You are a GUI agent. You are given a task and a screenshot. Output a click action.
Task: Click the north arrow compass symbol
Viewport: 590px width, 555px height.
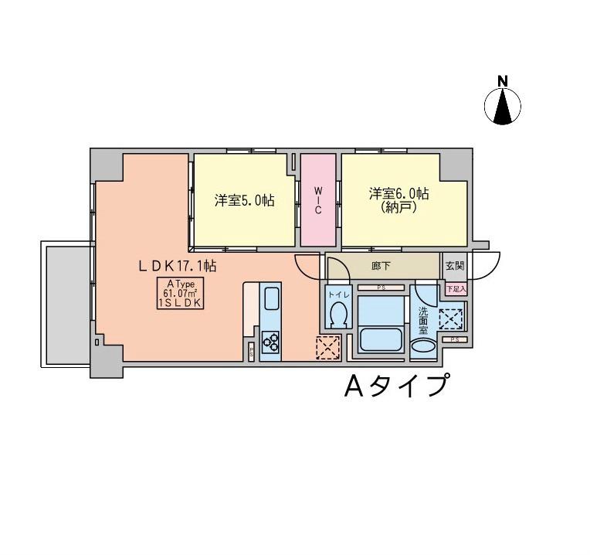[x=503, y=106]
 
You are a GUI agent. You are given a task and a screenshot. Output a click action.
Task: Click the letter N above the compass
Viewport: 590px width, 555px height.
[x=503, y=80]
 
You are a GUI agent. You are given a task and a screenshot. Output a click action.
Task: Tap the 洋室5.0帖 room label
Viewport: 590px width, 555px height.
[x=244, y=200]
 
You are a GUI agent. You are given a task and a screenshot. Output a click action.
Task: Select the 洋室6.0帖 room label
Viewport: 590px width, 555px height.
[x=398, y=193]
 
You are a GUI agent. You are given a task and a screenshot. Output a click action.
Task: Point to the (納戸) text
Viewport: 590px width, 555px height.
[x=398, y=207]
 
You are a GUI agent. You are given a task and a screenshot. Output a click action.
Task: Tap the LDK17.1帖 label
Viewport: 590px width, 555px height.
[x=177, y=265]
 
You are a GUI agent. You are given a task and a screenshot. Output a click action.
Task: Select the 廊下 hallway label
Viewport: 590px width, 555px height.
[x=381, y=266]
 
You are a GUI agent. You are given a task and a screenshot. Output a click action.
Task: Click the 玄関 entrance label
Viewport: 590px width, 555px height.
[x=455, y=266]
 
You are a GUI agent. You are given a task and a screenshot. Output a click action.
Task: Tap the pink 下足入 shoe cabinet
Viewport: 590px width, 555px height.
[x=456, y=288]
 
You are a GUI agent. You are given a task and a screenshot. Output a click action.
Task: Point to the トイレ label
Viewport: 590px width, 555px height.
[x=337, y=295]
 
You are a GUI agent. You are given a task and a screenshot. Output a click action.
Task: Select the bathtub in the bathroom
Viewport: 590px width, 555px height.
[x=382, y=341]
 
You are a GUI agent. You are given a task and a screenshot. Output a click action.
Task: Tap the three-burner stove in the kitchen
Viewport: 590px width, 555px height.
[x=271, y=339]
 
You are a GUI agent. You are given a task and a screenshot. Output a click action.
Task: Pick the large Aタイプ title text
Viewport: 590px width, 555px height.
[x=396, y=384]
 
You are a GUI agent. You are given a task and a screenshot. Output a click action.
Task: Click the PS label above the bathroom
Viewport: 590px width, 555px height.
[x=381, y=288]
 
